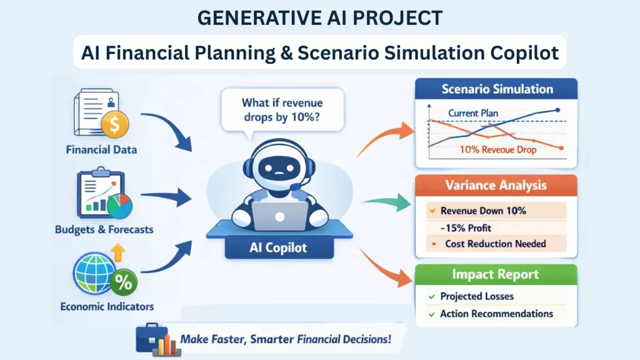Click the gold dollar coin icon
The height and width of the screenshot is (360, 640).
115,124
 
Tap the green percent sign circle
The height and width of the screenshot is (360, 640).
124,282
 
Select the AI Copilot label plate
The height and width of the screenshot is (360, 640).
279,247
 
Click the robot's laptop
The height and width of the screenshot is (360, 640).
279,216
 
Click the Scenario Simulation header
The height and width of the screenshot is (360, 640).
496,89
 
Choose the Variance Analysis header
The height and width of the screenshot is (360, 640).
496,185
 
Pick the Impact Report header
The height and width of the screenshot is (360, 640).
496,274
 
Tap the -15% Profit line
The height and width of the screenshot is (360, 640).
466,227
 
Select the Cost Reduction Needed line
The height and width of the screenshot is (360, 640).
496,244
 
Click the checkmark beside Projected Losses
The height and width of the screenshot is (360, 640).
432,297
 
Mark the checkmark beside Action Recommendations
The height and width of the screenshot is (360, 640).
432,314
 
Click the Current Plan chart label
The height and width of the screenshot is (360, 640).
473,113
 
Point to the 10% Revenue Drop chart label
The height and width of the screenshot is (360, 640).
498,150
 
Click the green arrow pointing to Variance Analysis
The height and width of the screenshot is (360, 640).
386,202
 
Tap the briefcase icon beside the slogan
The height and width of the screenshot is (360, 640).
157,339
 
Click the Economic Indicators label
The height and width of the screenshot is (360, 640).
107,306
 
